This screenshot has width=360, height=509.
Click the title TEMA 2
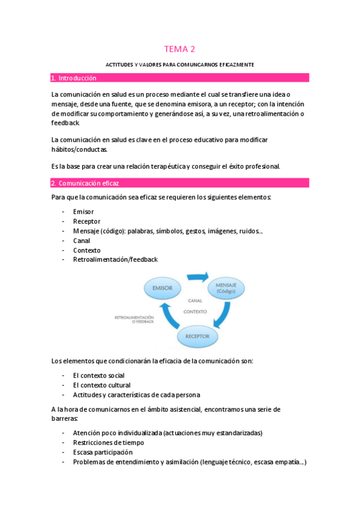click(180, 49)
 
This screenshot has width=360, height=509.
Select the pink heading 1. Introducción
click(74, 78)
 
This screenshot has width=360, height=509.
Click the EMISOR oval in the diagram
click(163, 289)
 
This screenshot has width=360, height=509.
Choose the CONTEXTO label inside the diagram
click(194, 312)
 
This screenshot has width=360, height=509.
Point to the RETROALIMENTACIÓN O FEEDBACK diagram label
click(134, 319)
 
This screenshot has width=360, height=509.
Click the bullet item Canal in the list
click(82, 241)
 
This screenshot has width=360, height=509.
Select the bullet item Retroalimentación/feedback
click(115, 260)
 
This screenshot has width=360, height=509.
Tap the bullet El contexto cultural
click(101, 385)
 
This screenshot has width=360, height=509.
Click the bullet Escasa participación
click(103, 453)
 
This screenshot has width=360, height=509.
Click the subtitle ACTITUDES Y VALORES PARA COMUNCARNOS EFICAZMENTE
click(180, 64)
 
